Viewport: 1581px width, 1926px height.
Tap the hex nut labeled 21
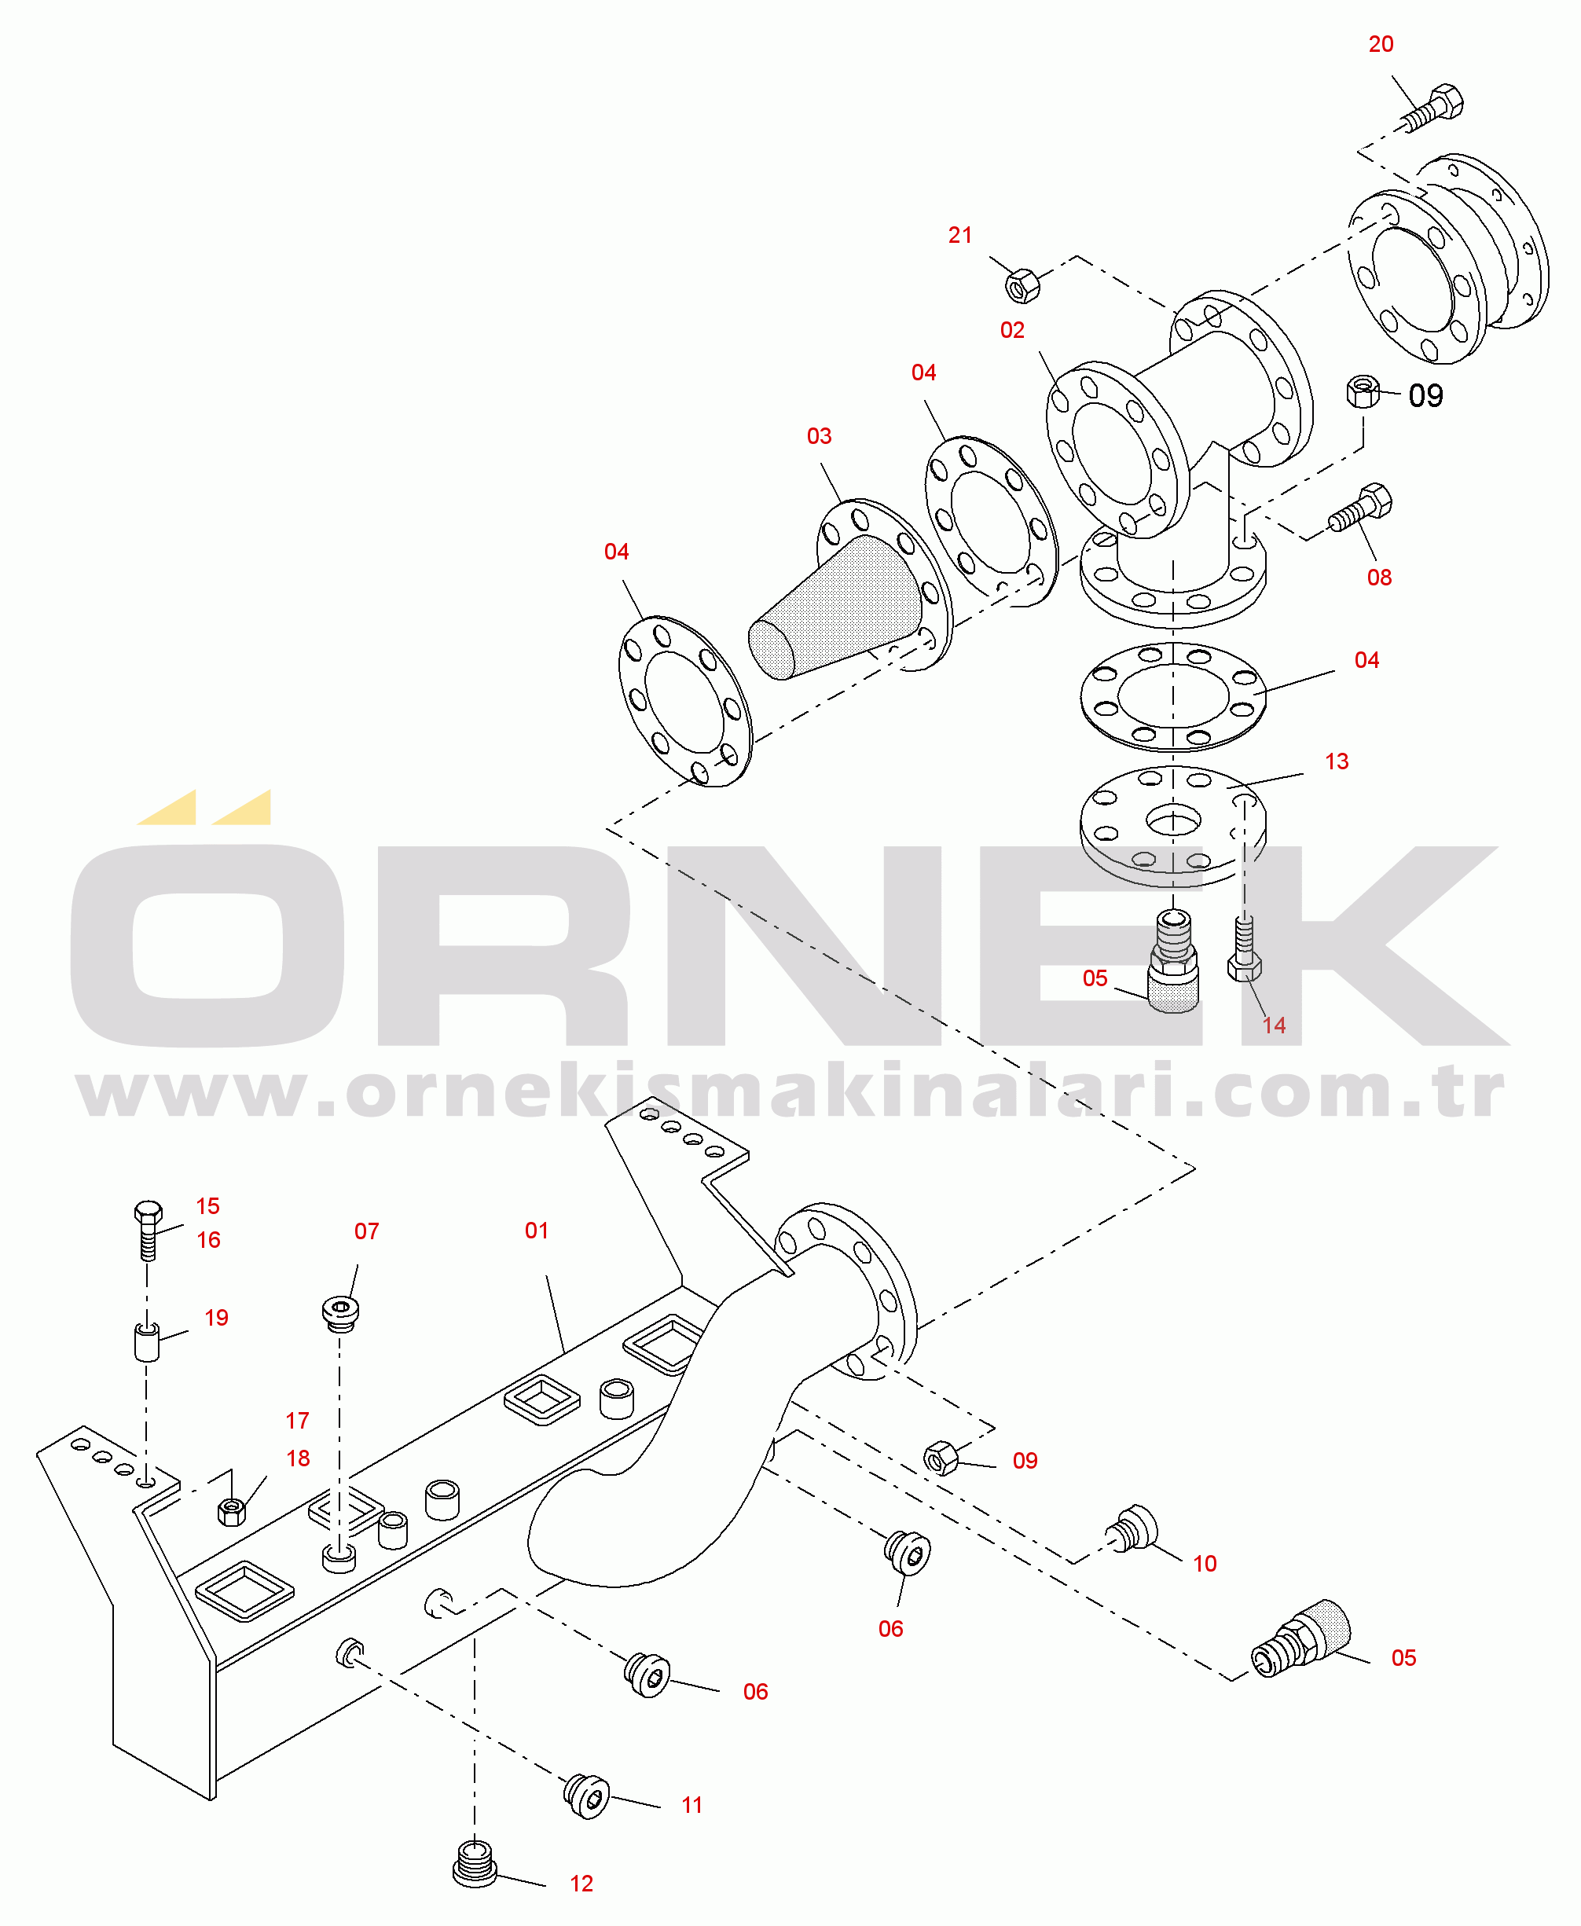[1022, 285]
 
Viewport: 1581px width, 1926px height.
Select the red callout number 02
[1012, 331]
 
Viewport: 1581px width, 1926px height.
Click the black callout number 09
[1425, 395]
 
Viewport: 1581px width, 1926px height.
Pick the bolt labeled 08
[1359, 508]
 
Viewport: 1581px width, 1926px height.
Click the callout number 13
[1336, 761]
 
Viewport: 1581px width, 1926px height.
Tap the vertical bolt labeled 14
[1244, 949]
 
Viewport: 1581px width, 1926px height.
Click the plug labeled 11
[586, 1795]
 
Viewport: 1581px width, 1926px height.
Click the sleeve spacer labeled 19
[147, 1341]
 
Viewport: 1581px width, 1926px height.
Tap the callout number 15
[207, 1205]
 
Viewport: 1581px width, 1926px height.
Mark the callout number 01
[537, 1231]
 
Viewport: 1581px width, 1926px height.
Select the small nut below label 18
[231, 1512]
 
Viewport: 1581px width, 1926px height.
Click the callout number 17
[297, 1421]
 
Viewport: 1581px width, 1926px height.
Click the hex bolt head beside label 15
[148, 1213]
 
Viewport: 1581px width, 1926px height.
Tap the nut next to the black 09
[1363, 391]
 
